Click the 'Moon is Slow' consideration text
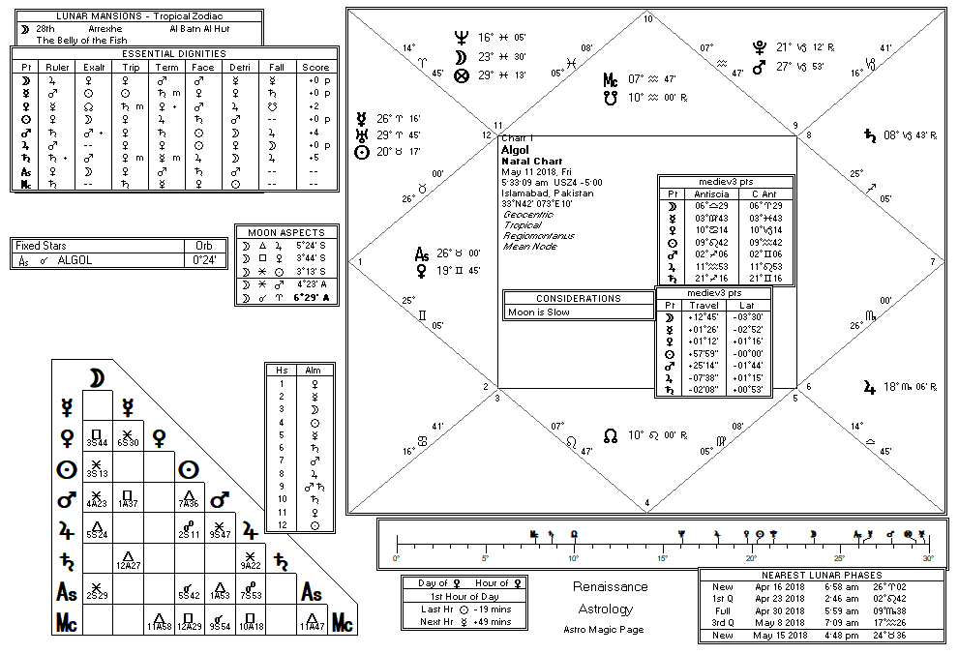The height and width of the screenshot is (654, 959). point(538,312)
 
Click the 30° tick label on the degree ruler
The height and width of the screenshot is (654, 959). point(927,559)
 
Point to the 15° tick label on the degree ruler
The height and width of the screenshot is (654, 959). point(662,559)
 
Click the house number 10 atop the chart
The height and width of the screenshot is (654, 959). point(647,19)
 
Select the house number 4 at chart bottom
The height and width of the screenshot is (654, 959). point(647,501)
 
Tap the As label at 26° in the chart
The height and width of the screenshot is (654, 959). point(422,254)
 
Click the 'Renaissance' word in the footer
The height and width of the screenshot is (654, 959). point(610,587)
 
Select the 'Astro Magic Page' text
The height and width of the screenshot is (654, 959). point(604,630)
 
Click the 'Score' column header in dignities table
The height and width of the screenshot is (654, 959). point(315,68)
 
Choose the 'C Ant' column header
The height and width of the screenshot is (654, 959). point(761,193)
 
